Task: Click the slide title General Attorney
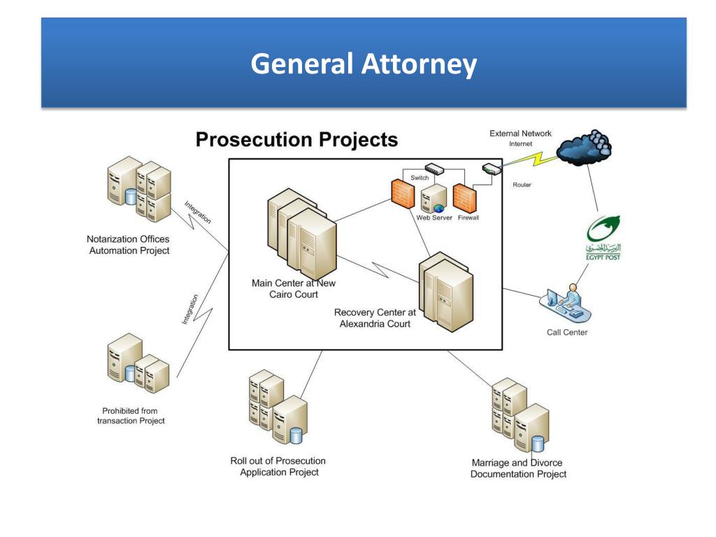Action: click(x=364, y=64)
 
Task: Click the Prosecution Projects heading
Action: click(x=296, y=140)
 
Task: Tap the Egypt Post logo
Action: click(x=603, y=238)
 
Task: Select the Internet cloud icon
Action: click(x=584, y=148)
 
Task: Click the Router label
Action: click(x=522, y=185)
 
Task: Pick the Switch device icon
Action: click(x=434, y=169)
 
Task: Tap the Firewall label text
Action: click(x=468, y=218)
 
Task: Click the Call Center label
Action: click(x=567, y=332)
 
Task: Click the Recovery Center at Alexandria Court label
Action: click(x=375, y=318)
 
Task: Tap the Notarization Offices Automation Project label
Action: click(x=129, y=245)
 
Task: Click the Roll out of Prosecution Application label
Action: click(x=278, y=466)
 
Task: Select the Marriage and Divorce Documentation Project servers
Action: click(x=520, y=415)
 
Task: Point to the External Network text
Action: click(x=520, y=134)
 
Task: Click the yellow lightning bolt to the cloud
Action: click(x=530, y=160)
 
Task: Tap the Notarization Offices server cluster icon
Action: click(x=139, y=189)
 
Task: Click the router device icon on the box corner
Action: click(x=492, y=169)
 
